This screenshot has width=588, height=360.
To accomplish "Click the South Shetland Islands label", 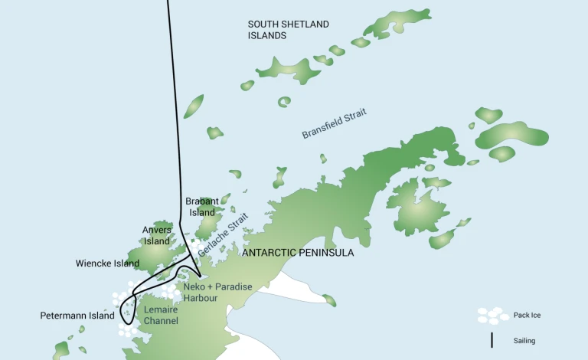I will click(288, 30).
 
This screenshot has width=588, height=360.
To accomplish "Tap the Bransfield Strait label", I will click(334, 123).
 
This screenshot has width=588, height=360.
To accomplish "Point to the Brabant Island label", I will click(202, 207).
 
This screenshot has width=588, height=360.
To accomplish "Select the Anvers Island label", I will click(157, 235).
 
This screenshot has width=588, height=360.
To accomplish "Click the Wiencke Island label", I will click(107, 263).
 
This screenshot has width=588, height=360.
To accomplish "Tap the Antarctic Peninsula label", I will click(298, 252).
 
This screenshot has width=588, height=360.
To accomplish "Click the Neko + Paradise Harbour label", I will click(217, 292).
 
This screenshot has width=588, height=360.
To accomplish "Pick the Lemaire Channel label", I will click(161, 315).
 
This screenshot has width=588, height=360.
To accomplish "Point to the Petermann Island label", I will click(77, 316).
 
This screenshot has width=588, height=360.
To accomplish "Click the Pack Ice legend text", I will click(528, 315).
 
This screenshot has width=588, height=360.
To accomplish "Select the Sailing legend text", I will click(524, 341).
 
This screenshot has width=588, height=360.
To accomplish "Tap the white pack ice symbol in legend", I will click(492, 315).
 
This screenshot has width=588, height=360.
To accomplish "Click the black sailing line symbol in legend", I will click(492, 340).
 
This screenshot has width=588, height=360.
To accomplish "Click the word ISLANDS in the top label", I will click(267, 35).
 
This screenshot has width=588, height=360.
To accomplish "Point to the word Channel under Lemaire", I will click(161, 320).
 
